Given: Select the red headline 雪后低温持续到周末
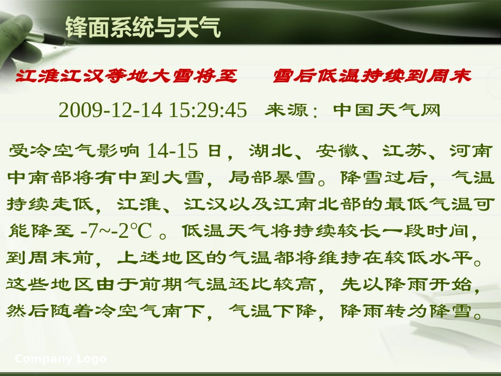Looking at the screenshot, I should pyautogui.click(x=372, y=76).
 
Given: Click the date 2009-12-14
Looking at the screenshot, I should pyautogui.click(x=111, y=110).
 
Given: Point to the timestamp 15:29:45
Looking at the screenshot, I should pyautogui.click(x=208, y=110).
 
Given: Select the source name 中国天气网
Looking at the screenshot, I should pyautogui.click(x=387, y=110).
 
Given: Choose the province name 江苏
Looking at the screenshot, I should pyautogui.click(x=404, y=151).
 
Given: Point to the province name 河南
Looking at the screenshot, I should pyautogui.click(x=471, y=151).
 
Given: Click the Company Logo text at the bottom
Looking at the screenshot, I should pyautogui.click(x=61, y=359).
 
